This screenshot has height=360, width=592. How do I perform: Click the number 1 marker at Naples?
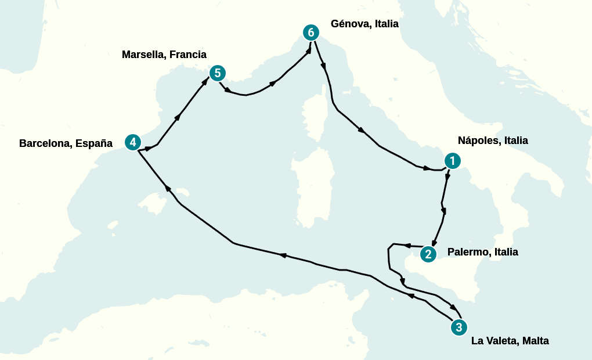[x=452, y=161]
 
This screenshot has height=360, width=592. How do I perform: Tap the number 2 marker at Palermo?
[x=428, y=253]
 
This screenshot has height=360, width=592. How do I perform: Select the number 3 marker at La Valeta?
[x=459, y=327]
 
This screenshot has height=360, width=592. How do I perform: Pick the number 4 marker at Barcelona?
[x=133, y=142]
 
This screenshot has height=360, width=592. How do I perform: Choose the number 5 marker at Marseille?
[x=217, y=73]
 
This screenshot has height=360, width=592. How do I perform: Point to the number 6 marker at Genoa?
[x=311, y=33]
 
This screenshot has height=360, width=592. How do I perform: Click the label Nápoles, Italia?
[x=493, y=141]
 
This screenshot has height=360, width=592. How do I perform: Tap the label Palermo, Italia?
[x=482, y=252]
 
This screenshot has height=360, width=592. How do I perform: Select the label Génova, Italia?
[x=364, y=24]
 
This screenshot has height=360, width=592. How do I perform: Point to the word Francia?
[x=186, y=55]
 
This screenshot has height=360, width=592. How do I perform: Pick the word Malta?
[x=535, y=341]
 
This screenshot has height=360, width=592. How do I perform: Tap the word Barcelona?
[x=45, y=143]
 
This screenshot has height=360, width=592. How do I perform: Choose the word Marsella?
[x=142, y=55]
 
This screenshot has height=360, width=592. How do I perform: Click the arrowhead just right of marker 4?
[x=149, y=149]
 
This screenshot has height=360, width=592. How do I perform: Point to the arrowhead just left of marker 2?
[x=407, y=245]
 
